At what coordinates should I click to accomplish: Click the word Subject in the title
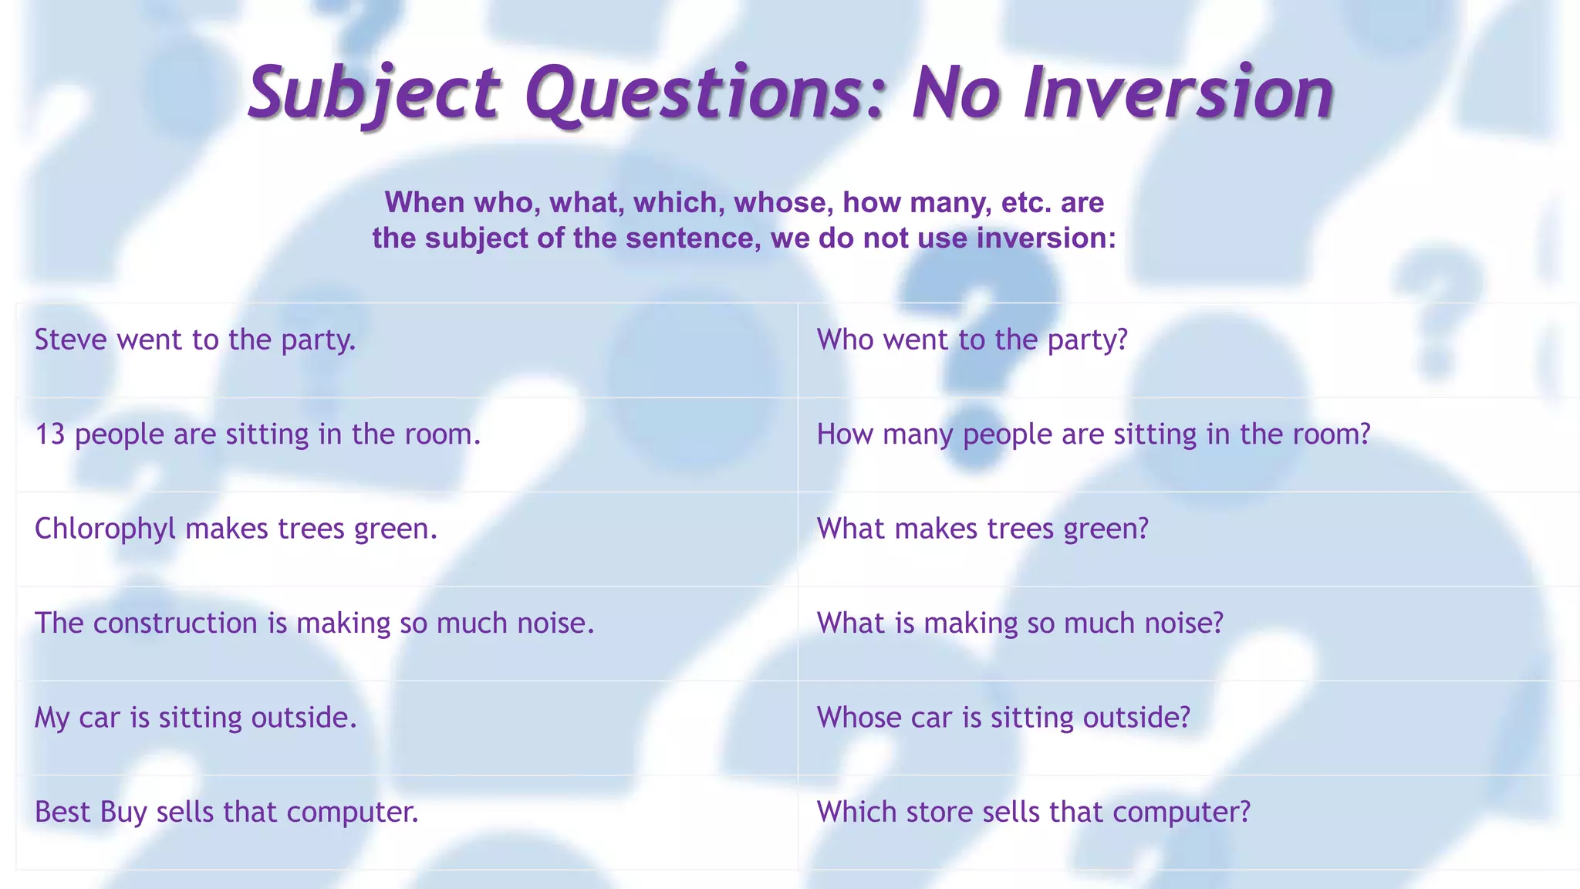[375, 94]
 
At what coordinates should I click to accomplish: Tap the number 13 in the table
[49, 434]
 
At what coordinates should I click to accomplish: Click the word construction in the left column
[175, 624]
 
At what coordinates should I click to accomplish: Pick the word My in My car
[52, 718]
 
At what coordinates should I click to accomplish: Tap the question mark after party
[1121, 340]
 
